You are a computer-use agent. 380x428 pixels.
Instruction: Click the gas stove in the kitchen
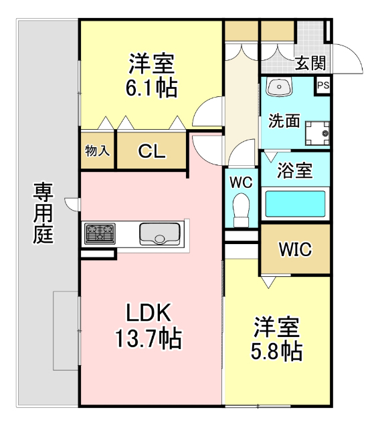tap(100, 233)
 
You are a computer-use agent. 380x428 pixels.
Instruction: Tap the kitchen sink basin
tap(160, 234)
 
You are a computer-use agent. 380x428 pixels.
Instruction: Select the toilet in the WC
tap(242, 210)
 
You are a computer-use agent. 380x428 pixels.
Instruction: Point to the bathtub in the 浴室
tap(296, 204)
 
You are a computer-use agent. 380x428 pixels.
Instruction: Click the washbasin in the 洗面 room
tap(279, 87)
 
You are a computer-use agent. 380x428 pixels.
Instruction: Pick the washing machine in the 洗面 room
tap(317, 133)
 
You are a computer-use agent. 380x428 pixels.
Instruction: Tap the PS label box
tap(323, 86)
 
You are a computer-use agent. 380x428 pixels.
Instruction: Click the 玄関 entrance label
tap(310, 63)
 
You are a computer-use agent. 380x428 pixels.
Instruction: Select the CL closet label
tap(152, 151)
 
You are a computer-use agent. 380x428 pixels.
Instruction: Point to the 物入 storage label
tap(98, 150)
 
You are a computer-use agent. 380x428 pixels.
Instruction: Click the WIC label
tap(295, 249)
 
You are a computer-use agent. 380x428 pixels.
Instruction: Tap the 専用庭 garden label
tap(43, 213)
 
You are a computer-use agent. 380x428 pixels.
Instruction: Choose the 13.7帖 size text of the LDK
tap(149, 338)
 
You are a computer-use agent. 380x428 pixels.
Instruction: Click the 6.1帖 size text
tap(151, 88)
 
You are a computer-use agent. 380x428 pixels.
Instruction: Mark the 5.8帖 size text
tap(276, 351)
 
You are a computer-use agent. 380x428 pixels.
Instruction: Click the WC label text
tap(241, 182)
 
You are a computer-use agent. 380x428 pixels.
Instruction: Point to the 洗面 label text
tap(284, 120)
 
